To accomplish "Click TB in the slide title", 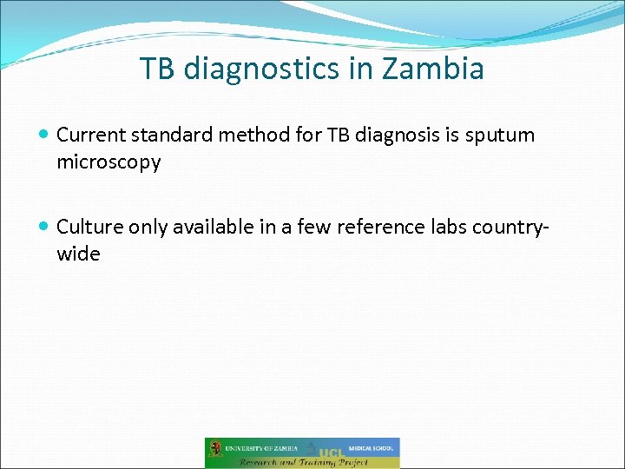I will point(157,68).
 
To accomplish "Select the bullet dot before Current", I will point(44,135).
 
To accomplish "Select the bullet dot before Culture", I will point(44,228).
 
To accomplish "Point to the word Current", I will point(89,135).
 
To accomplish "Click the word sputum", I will point(503,135).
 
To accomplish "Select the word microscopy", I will point(109,162).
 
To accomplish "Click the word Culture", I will point(89,228).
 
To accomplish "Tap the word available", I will point(209,228).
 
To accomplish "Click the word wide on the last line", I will point(78,254).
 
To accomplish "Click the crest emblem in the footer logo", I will point(215,449).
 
